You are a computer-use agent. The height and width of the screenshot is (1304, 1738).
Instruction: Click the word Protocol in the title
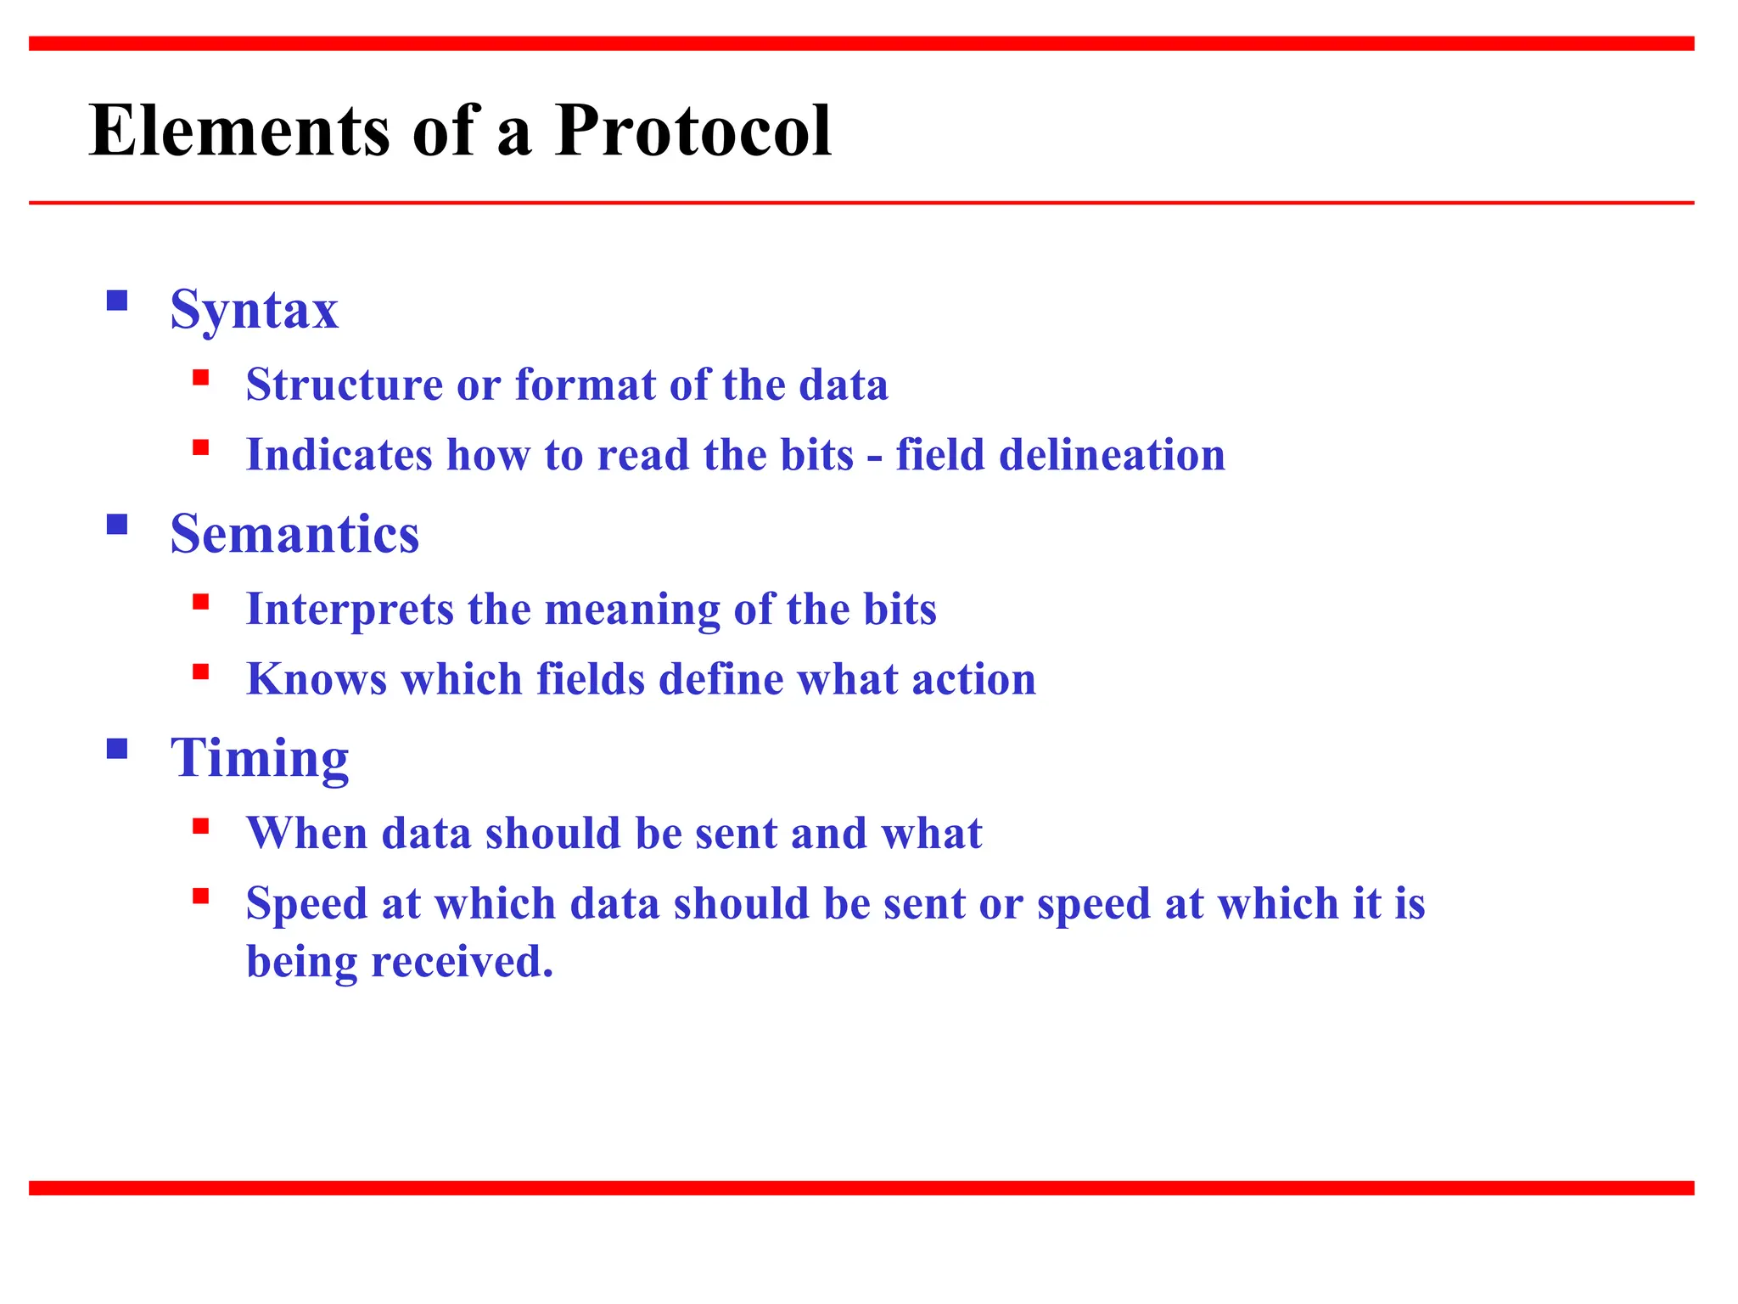[692, 131]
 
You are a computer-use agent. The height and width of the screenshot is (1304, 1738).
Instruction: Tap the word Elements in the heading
[238, 131]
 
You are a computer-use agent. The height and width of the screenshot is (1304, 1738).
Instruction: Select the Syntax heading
[254, 310]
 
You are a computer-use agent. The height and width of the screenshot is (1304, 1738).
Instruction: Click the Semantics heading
[294, 534]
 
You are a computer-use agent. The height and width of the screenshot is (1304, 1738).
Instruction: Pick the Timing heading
[260, 758]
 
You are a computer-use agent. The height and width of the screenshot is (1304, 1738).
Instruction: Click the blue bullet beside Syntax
[117, 301]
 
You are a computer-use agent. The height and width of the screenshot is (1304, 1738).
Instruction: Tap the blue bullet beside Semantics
[117, 525]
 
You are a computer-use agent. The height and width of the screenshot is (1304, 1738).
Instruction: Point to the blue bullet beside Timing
[117, 749]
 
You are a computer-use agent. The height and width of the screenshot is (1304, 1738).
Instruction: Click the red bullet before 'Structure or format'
[200, 378]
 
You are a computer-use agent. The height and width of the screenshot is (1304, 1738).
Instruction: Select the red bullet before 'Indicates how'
[200, 447]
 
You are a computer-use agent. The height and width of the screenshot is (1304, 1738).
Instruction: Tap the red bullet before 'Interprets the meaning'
[200, 602]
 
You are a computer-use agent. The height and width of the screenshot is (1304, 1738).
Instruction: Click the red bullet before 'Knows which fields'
[200, 672]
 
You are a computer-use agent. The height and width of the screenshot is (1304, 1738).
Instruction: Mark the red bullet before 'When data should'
[200, 826]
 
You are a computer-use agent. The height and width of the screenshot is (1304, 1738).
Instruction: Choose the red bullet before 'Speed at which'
[200, 896]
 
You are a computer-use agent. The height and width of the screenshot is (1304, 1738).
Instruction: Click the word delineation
[1112, 455]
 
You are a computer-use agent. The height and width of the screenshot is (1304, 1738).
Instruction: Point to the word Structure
[345, 385]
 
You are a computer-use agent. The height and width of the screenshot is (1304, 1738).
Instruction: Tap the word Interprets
[350, 610]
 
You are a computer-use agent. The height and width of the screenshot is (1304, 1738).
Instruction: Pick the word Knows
[317, 680]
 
